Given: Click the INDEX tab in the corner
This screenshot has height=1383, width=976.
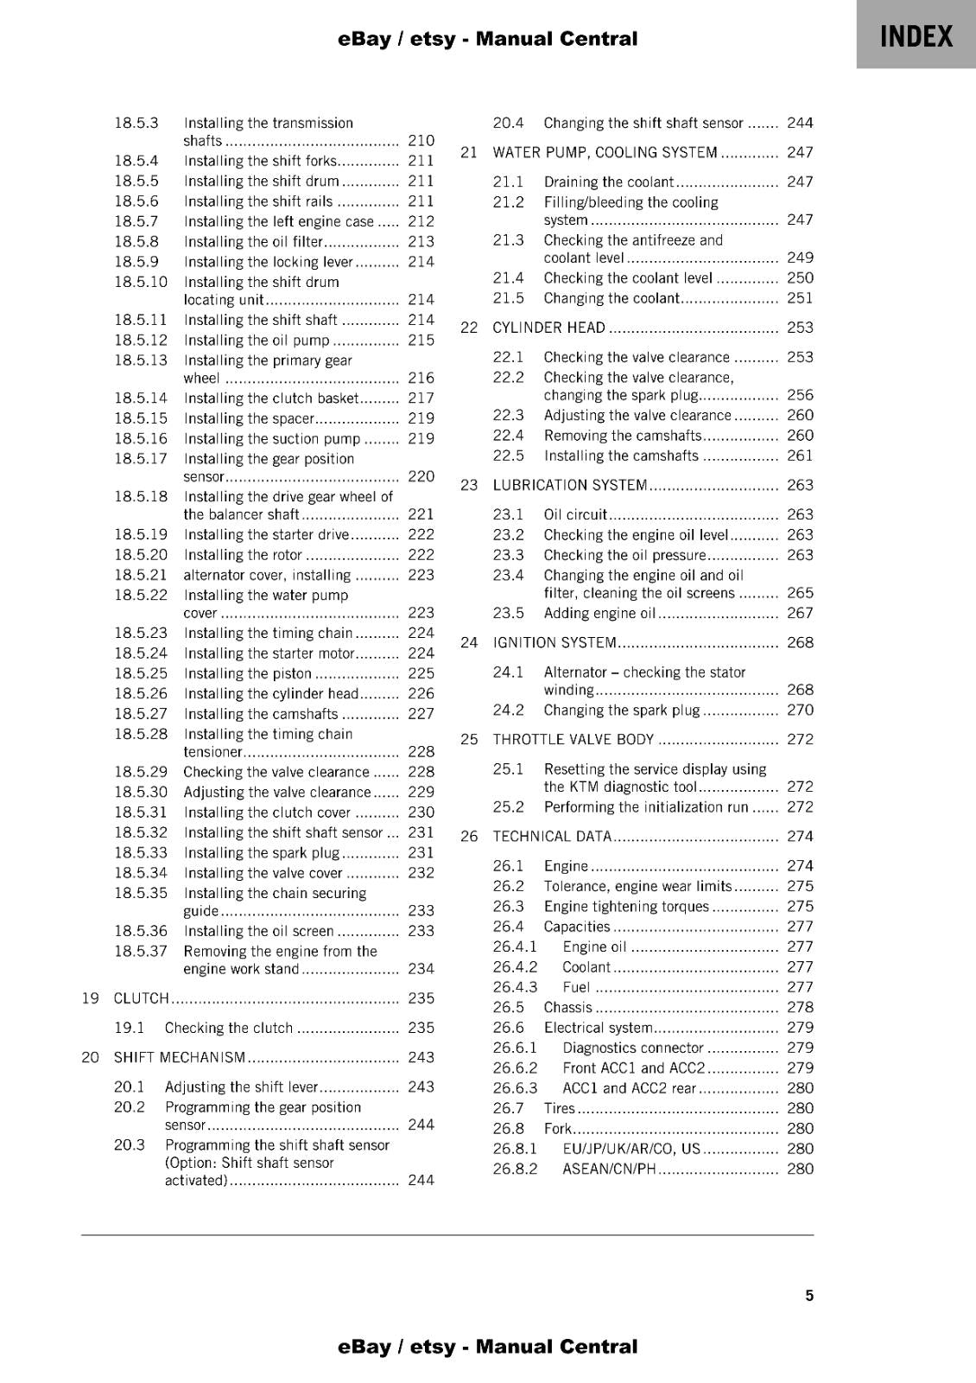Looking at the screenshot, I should pos(916,36).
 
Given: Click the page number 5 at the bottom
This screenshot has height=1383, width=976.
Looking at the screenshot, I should pos(809,1295).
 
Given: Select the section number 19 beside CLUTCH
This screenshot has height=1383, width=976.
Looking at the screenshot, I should pos(90,998).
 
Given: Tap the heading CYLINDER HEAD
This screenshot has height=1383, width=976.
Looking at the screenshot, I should pos(548,328).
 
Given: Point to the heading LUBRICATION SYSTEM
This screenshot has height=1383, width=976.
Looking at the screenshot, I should pos(569,485).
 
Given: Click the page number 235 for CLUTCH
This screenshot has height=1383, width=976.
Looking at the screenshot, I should pos(421,998).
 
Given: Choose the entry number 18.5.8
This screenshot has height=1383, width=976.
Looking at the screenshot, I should pos(136,242).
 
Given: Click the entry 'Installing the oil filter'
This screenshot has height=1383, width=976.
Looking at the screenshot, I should pos(253,242).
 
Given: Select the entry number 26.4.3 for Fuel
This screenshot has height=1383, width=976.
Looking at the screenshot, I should pos(515,987).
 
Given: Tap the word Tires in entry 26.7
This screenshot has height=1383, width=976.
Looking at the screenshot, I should pos(559,1108).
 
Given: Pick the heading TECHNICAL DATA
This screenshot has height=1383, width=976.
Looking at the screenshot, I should pos(552,836).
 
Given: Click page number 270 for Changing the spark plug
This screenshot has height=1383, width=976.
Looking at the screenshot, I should pos(800,710).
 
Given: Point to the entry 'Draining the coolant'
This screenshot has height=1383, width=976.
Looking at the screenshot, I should pos(608,182).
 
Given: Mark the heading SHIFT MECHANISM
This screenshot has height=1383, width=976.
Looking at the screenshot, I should pos(180,1057).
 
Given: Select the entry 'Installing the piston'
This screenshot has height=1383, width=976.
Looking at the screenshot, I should pos(248,673).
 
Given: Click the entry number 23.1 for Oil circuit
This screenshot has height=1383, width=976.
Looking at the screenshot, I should pos(508,514).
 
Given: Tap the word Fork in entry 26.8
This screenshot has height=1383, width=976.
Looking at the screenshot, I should pos(558,1128).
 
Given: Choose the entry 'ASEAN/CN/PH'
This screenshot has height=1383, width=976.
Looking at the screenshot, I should pos(609,1169).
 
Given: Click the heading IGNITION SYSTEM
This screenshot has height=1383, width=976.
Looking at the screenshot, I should pos(555,642).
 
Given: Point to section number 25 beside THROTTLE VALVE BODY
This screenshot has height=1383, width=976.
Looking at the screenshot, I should pos(469,739).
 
